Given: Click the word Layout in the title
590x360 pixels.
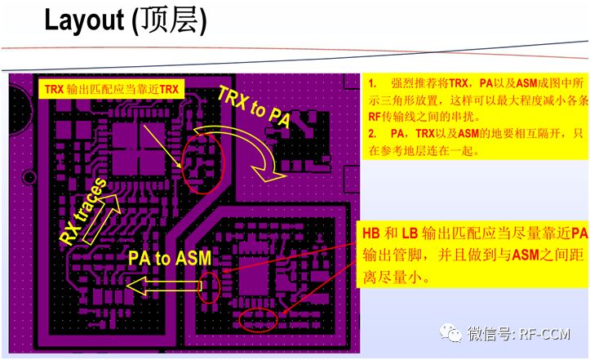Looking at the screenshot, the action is pos(81,22).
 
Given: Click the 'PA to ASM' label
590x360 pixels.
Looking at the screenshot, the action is pos(170,259).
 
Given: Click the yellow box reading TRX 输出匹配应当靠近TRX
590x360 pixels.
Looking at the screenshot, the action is pos(112,87).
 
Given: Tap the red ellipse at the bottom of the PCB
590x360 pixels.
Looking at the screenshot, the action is pos(260,318).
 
